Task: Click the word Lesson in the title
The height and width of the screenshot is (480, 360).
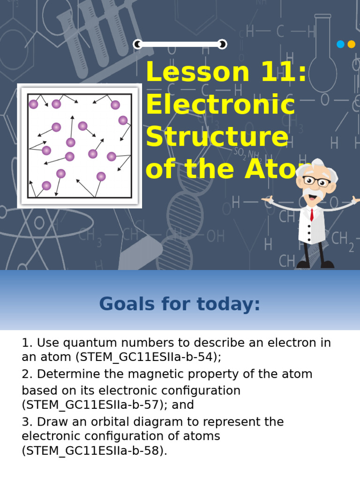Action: pyautogui.click(x=197, y=73)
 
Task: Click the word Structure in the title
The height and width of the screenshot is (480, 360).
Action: pyautogui.click(x=217, y=137)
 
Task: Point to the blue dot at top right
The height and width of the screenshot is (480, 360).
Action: pyautogui.click(x=340, y=45)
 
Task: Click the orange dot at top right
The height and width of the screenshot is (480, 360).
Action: pyautogui.click(x=352, y=45)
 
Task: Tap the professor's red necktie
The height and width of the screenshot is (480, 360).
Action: pyautogui.click(x=312, y=214)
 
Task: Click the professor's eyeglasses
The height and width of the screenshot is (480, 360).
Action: pyautogui.click(x=315, y=180)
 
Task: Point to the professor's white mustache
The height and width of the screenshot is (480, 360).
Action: pyautogui.click(x=311, y=191)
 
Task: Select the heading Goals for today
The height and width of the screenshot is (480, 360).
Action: pyautogui.click(x=180, y=304)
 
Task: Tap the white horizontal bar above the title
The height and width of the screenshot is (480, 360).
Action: pyautogui.click(x=180, y=45)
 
